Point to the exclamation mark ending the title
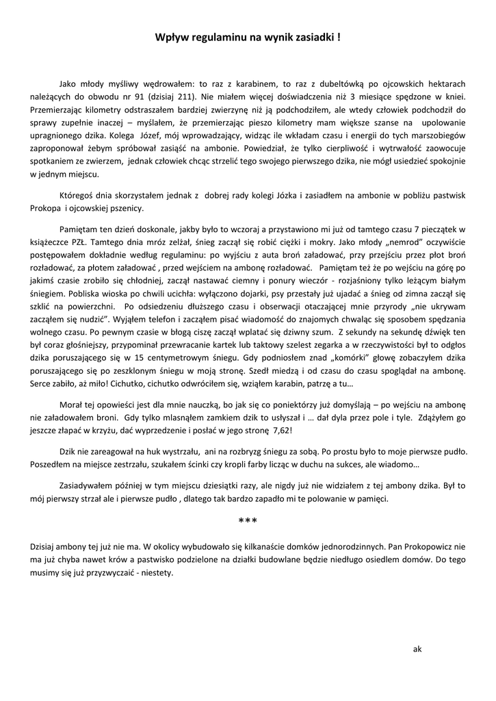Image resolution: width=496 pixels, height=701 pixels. [x=340, y=40]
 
